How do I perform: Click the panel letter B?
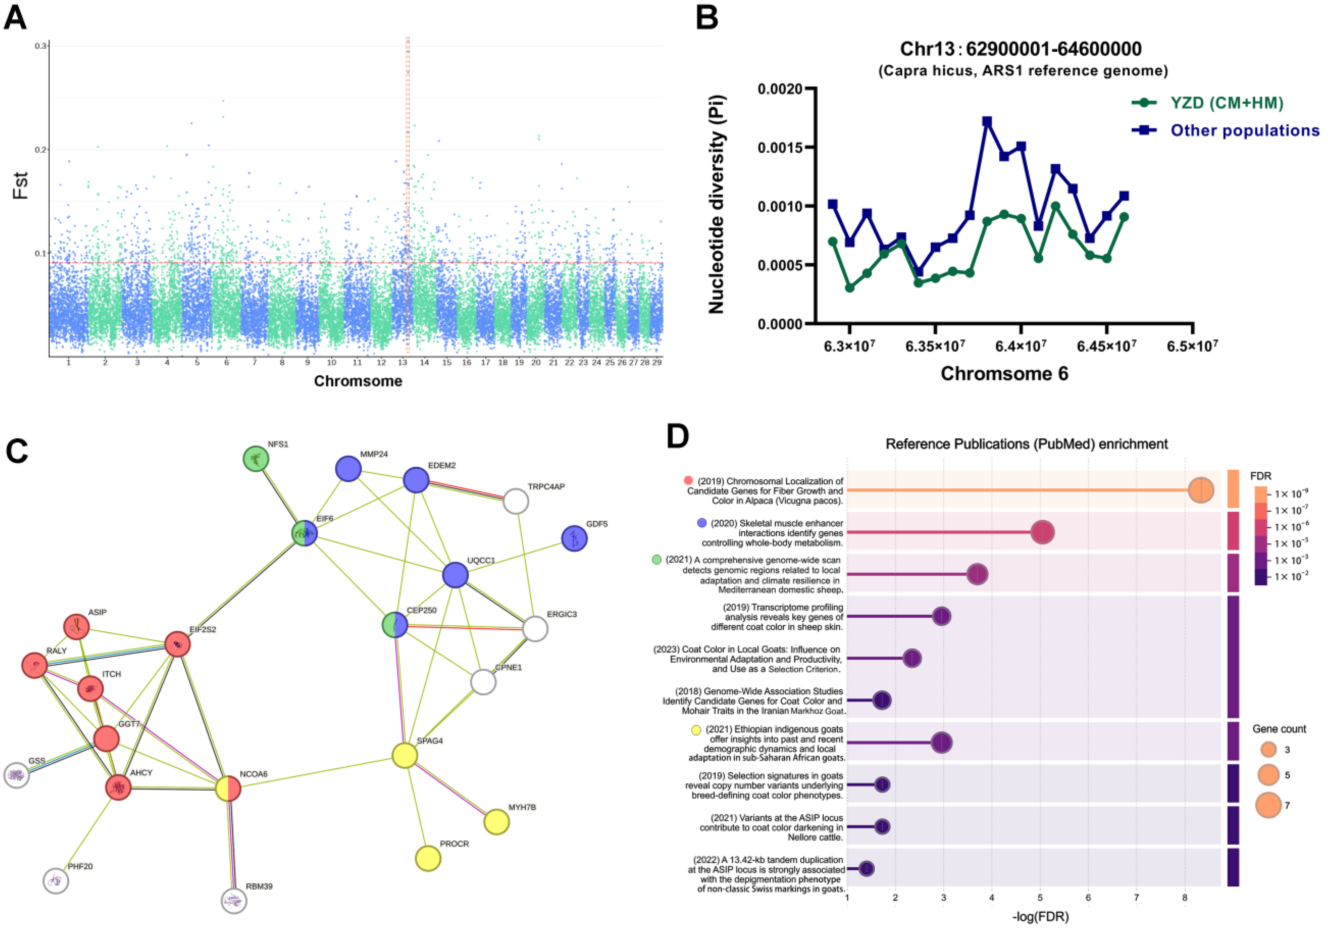[x=707, y=17]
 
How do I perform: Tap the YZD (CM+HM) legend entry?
[x=1226, y=103]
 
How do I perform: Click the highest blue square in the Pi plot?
[x=987, y=121]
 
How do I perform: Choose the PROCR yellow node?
[x=428, y=858]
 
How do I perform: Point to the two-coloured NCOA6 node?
[x=228, y=789]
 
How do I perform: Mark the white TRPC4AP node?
[x=516, y=501]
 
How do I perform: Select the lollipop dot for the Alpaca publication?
[x=1201, y=490]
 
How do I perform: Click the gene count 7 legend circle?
[x=1269, y=805]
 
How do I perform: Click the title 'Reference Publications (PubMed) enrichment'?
[x=1027, y=444]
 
